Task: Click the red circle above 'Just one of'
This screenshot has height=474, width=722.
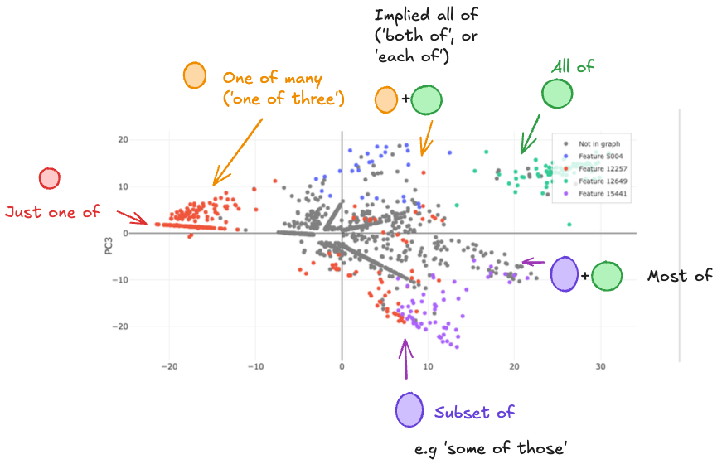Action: pyautogui.click(x=50, y=178)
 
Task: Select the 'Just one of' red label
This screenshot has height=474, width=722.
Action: pyautogui.click(x=52, y=212)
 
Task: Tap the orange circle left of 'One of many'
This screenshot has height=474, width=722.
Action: pyautogui.click(x=194, y=75)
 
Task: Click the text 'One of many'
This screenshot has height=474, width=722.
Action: pyautogui.click(x=259, y=78)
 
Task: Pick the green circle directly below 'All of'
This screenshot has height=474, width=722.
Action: pyautogui.click(x=557, y=94)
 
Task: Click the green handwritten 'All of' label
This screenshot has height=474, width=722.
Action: pyautogui.click(x=573, y=67)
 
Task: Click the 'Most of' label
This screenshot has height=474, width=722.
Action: pyautogui.click(x=680, y=276)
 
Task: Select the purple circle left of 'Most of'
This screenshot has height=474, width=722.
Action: pyautogui.click(x=564, y=273)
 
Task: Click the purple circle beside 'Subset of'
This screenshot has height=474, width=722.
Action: pyautogui.click(x=409, y=409)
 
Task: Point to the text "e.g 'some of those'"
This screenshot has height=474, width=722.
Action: pyautogui.click(x=491, y=449)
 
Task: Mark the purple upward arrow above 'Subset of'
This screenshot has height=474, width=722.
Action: pyautogui.click(x=405, y=360)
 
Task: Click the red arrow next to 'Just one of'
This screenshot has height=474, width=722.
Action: pyautogui.click(x=131, y=218)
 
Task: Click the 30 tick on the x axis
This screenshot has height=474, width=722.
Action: pyautogui.click(x=600, y=365)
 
